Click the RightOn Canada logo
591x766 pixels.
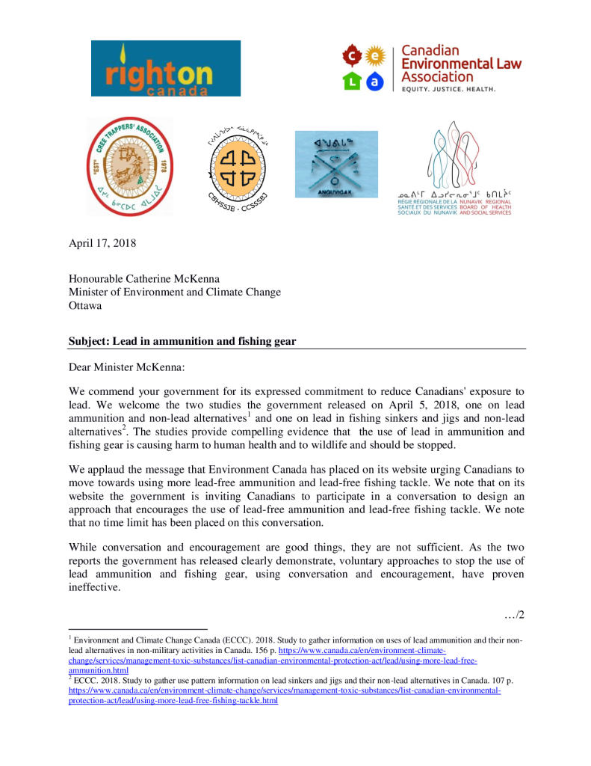[166, 68]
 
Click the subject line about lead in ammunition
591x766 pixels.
[182, 341]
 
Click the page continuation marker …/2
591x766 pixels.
[515, 615]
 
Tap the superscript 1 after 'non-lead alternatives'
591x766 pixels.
[249, 414]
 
